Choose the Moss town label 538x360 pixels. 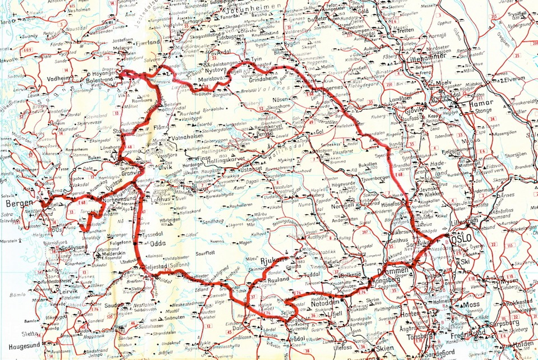click(x=472, y=305)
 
